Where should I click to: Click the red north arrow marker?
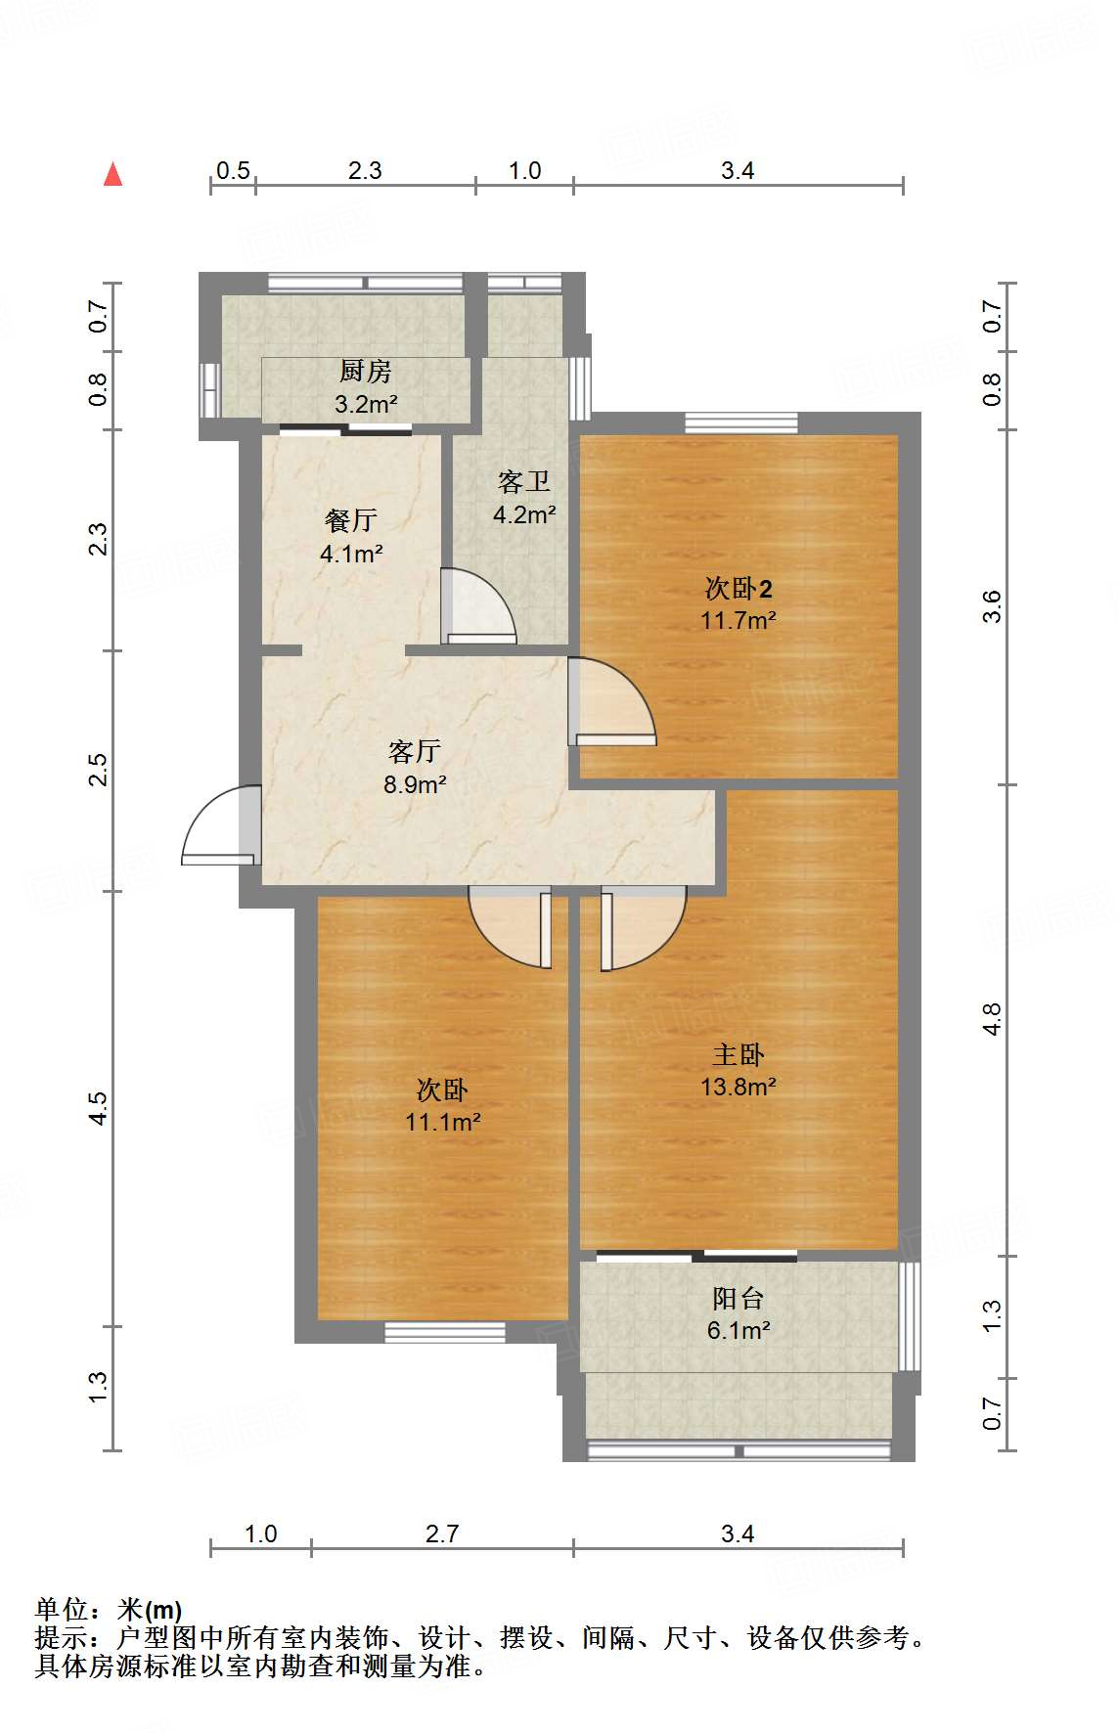click(x=113, y=174)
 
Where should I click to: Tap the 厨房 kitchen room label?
click(x=366, y=372)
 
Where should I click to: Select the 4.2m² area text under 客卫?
click(x=524, y=514)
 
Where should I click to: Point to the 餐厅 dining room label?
click(x=351, y=520)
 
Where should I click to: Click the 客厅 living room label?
click(x=415, y=751)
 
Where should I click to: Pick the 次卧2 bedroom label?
click(x=739, y=589)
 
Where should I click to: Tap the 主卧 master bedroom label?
click(x=739, y=1054)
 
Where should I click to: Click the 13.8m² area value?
click(x=739, y=1087)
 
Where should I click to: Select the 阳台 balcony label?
click(x=739, y=1299)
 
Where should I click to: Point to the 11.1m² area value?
click(x=443, y=1122)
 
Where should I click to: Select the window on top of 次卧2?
click(x=741, y=423)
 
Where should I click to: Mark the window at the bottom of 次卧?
click(x=445, y=1332)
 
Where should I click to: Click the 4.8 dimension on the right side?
click(x=992, y=1020)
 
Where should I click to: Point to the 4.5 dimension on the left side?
click(x=98, y=1109)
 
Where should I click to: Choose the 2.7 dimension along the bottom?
click(x=442, y=1533)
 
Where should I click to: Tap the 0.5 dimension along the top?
click(x=233, y=171)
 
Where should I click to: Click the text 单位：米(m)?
click(x=109, y=1610)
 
